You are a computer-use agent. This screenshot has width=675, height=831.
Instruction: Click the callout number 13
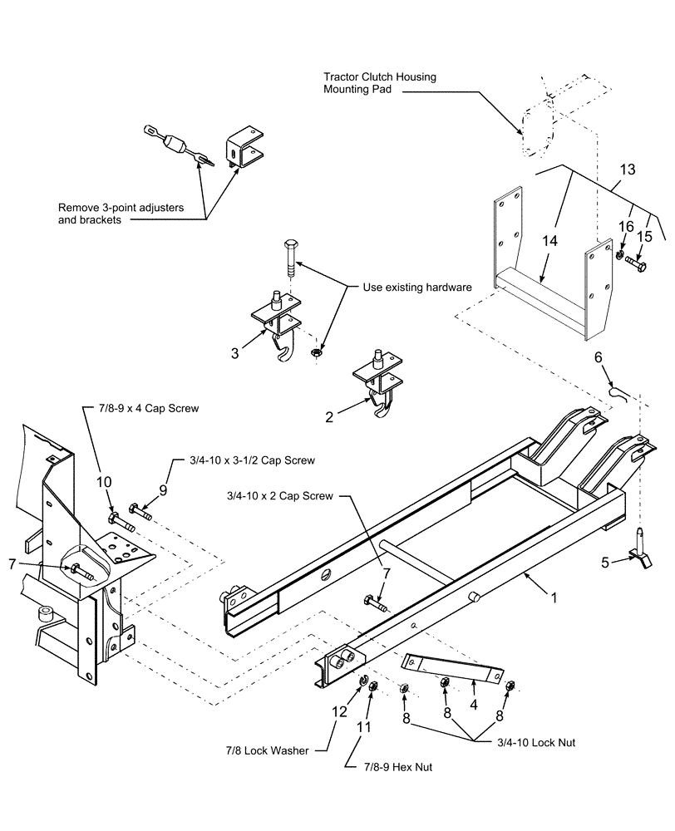coord(625,170)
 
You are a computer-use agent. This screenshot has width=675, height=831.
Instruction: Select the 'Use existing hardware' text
coord(417,287)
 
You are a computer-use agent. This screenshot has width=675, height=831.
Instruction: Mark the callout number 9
coord(163,490)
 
